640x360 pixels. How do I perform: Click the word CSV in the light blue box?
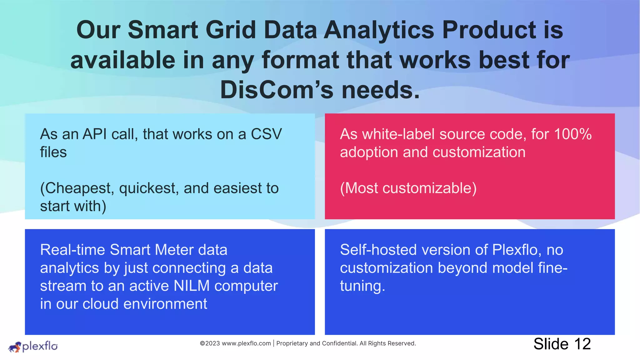266,134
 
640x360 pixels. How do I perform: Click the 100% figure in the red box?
572,134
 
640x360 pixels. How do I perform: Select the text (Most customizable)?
408,188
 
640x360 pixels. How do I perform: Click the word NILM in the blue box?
191,286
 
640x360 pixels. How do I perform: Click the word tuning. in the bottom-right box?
362,286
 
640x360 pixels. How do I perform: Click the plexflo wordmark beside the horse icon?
40,346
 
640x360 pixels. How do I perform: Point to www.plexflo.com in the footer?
246,343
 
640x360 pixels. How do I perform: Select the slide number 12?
582,344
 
